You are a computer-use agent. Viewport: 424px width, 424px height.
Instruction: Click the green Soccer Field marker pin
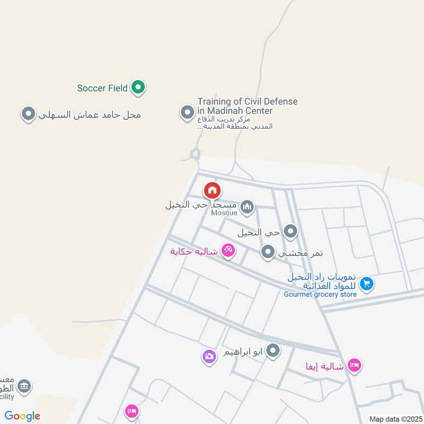(138, 87)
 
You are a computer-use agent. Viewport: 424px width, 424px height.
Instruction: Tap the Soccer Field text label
(102, 88)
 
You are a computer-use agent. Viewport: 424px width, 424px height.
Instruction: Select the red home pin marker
(212, 190)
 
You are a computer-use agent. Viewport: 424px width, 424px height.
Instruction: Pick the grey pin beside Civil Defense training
(187, 112)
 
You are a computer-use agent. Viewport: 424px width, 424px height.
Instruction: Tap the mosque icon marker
(247, 207)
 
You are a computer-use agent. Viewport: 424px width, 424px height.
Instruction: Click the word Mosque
(224, 213)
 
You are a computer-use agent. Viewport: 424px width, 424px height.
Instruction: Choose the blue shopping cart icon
(366, 284)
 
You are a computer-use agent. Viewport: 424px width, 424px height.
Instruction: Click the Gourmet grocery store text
(320, 294)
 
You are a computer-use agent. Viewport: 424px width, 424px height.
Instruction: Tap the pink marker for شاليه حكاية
(228, 250)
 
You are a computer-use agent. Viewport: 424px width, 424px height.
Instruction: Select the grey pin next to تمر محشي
(268, 252)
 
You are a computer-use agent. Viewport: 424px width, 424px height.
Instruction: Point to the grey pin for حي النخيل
(290, 231)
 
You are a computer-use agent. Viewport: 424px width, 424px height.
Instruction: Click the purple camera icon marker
(209, 356)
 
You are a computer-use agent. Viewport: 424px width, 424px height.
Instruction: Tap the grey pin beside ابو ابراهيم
(273, 350)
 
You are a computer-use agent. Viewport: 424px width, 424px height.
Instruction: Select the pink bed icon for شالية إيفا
(355, 365)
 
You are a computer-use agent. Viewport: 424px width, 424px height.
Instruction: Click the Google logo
(22, 416)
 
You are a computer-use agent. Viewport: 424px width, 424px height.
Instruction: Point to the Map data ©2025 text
(394, 419)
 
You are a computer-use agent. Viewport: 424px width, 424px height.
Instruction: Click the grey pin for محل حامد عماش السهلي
(28, 113)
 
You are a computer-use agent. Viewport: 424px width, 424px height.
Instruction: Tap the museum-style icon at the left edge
(23, 386)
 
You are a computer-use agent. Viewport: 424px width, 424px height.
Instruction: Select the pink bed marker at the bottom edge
(131, 411)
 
